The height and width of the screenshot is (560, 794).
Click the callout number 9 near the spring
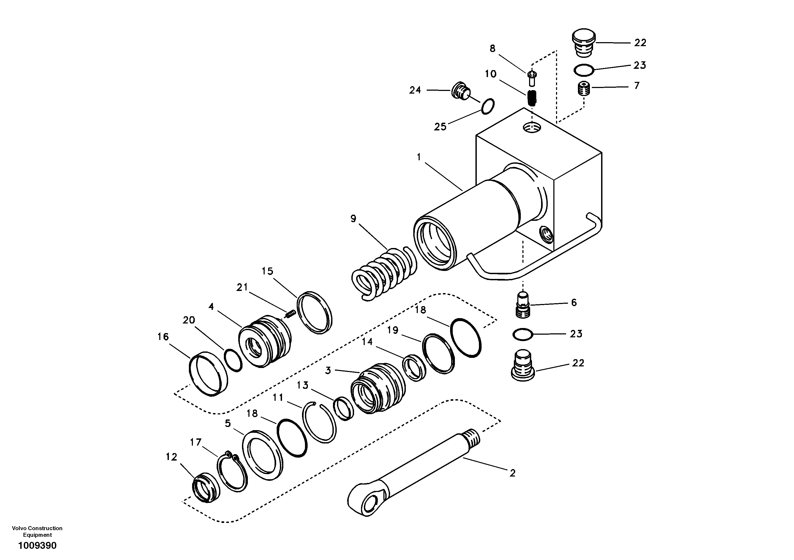click(353, 219)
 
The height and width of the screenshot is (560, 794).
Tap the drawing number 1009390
click(37, 546)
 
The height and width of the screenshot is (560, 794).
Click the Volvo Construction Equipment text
click(37, 531)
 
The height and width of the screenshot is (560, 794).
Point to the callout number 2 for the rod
click(513, 473)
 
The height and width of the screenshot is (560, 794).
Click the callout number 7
click(637, 85)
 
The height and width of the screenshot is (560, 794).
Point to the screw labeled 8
click(532, 78)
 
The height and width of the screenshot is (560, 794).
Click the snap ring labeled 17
click(232, 472)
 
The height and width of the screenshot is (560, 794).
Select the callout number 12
click(171, 457)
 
